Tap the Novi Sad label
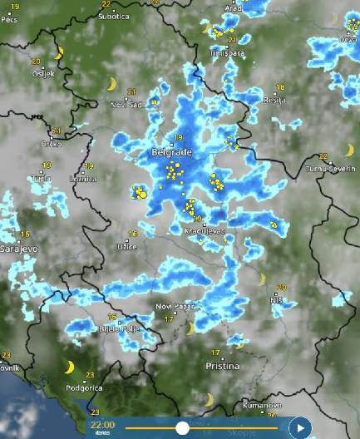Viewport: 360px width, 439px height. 127,104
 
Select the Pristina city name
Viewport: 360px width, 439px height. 223,366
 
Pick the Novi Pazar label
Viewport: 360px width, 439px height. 175,307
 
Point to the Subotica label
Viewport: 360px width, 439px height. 114,16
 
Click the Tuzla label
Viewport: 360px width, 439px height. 41,179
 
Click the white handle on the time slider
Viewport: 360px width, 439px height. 182,428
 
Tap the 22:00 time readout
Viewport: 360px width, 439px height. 102,424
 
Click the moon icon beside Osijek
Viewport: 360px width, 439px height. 58,53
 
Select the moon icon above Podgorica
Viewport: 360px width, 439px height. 71,367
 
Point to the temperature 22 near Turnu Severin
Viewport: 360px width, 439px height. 323,156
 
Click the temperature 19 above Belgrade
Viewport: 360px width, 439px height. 178,137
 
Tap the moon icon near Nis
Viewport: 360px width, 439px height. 262,279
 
